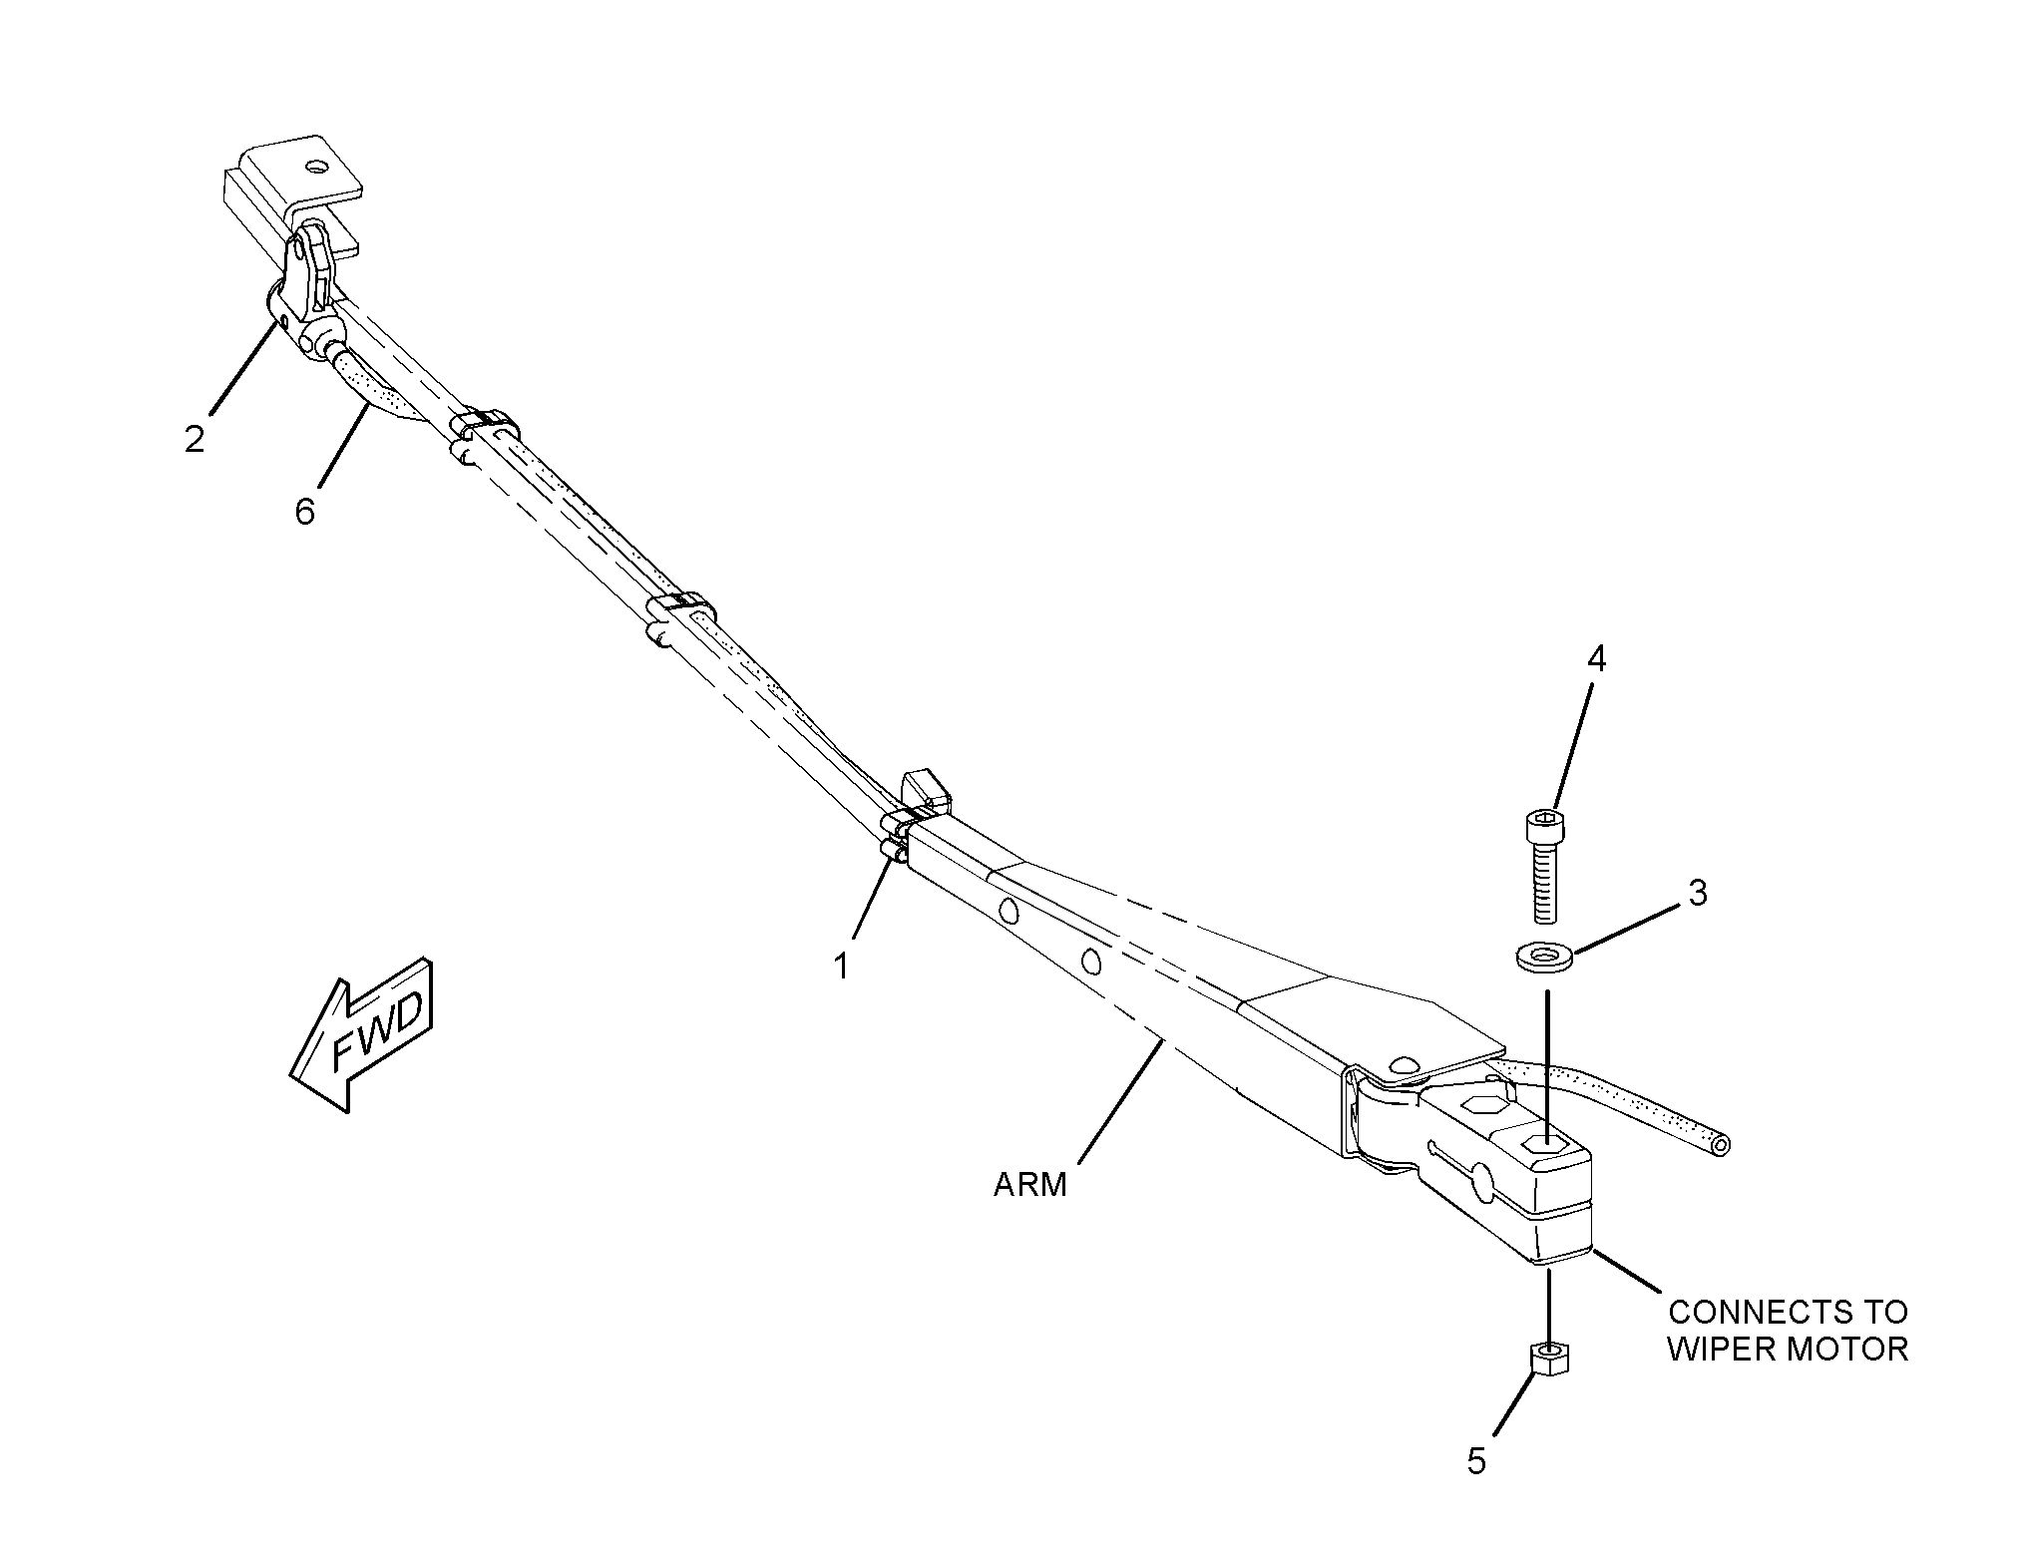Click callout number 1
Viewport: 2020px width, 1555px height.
[842, 966]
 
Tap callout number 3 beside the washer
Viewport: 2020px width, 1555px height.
[1697, 892]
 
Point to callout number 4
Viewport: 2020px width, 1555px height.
[1597, 659]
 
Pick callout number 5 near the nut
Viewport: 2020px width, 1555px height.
[1477, 1460]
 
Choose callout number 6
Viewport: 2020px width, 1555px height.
[305, 511]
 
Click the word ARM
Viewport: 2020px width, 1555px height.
[1029, 1185]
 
